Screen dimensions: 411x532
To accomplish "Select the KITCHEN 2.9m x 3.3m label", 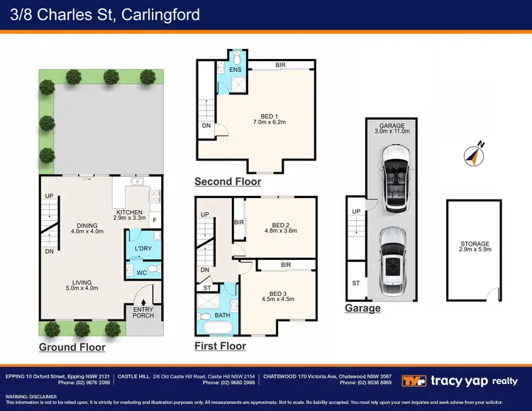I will click(x=130, y=215).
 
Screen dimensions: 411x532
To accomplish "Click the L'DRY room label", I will click(x=143, y=248).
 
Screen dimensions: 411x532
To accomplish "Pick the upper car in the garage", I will click(x=394, y=177).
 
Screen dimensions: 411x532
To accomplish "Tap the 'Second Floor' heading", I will click(x=228, y=182).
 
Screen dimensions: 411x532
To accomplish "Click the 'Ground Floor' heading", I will click(x=72, y=347).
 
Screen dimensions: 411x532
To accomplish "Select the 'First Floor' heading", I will click(x=220, y=346).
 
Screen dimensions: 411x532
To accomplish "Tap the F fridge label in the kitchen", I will click(x=155, y=220).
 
